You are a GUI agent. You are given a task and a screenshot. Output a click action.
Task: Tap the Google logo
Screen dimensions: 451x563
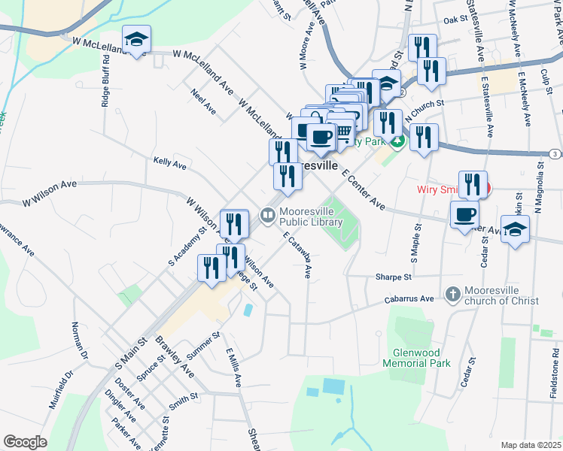pos(25,441)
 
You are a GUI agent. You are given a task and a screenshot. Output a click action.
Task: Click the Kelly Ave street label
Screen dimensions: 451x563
pos(169,162)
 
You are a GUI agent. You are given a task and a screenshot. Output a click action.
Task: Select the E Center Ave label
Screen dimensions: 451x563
pos(363,191)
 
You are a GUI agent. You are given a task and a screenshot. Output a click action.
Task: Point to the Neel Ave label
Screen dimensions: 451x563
pos(203,103)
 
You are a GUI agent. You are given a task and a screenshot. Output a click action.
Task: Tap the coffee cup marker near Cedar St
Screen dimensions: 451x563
pos(464,215)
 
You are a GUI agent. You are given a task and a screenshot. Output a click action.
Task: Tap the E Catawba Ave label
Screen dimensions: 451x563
pos(297,256)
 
